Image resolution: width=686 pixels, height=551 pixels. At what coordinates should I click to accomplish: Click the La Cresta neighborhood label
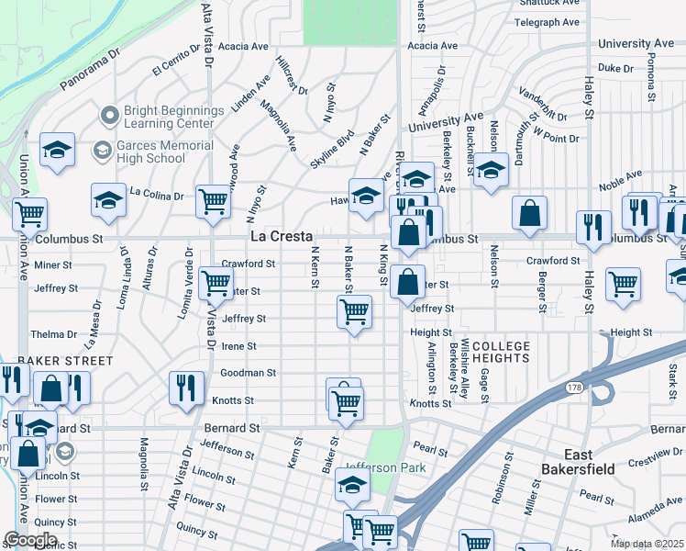(282, 237)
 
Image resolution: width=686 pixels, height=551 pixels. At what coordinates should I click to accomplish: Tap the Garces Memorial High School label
(152, 152)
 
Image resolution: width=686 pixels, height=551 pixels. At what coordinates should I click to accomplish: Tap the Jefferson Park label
(385, 467)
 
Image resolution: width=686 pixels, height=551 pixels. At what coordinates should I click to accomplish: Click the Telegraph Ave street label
(547, 22)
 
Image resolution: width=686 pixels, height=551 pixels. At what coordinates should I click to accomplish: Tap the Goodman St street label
(248, 373)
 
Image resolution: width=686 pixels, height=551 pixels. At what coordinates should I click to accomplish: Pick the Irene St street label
(239, 346)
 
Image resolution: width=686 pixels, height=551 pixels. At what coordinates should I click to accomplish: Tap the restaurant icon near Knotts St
(186, 387)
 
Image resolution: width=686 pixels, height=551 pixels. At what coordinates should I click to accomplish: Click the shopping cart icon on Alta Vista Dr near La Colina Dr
(213, 199)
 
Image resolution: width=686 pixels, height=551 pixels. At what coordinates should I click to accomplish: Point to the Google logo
(30, 540)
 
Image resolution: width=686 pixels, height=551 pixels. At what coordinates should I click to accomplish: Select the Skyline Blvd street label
(332, 147)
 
